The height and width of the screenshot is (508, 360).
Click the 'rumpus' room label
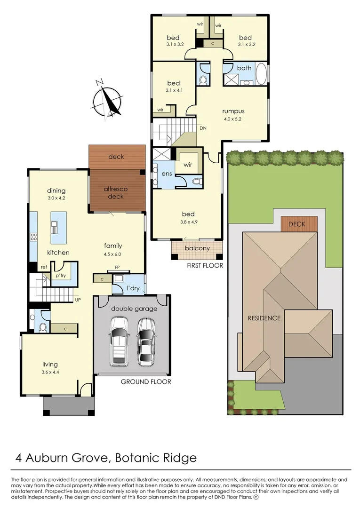233,111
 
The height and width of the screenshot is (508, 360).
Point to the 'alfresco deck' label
115,192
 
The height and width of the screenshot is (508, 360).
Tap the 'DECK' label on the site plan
296,224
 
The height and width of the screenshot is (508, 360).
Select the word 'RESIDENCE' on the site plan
264,318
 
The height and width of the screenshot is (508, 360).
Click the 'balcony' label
197,248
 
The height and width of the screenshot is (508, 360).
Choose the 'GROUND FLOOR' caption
146,381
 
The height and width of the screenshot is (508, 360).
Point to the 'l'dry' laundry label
132,288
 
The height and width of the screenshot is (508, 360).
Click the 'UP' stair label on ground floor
78,299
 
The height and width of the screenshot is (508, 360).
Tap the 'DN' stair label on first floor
203,127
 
